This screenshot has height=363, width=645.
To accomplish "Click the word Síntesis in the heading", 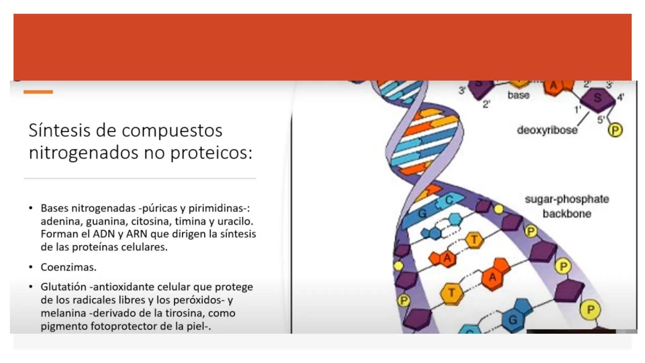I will [59, 130].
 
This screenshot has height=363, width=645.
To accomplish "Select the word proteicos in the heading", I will [211, 153].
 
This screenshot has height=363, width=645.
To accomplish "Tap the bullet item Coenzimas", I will [69, 267].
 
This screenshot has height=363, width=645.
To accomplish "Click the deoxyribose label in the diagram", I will [547, 130].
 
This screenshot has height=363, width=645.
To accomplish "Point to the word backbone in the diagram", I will [567, 214].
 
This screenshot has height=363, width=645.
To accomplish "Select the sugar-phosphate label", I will [567, 199].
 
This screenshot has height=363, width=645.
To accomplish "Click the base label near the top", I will [518, 95].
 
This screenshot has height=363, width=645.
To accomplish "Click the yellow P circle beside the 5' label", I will [615, 130].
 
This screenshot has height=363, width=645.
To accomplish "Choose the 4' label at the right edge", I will [620, 97].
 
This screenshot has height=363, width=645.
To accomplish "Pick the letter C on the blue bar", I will [449, 200].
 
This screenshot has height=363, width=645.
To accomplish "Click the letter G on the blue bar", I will [422, 213].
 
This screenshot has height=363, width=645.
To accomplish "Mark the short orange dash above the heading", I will [38, 92].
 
